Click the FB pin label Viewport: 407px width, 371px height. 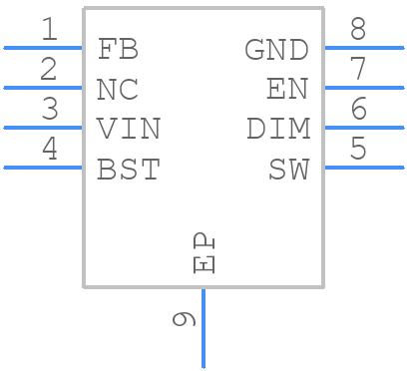click(x=118, y=48)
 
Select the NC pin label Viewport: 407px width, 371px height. click(x=118, y=89)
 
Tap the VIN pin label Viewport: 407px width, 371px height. click(x=128, y=129)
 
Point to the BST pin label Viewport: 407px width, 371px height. click(x=128, y=170)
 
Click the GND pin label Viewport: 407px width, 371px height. click(x=276, y=48)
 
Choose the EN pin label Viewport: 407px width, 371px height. click(x=287, y=89)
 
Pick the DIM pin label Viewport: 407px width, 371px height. click(x=277, y=129)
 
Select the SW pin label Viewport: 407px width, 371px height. click(x=288, y=170)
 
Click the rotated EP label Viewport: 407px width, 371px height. click(x=203, y=253)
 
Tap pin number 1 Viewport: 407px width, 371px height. click(x=49, y=30)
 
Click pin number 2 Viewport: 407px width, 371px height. click(x=49, y=70)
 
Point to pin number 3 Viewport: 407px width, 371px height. click(x=49, y=110)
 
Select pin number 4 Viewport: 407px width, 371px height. click(x=49, y=150)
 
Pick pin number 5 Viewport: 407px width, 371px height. click(x=357, y=150)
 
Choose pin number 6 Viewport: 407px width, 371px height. click(x=357, y=110)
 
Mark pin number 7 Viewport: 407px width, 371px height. click(x=357, y=70)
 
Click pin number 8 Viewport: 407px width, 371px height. click(x=357, y=30)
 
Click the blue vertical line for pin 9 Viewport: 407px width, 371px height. click(x=203, y=329)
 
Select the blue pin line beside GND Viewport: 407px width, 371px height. click(x=364, y=47)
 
